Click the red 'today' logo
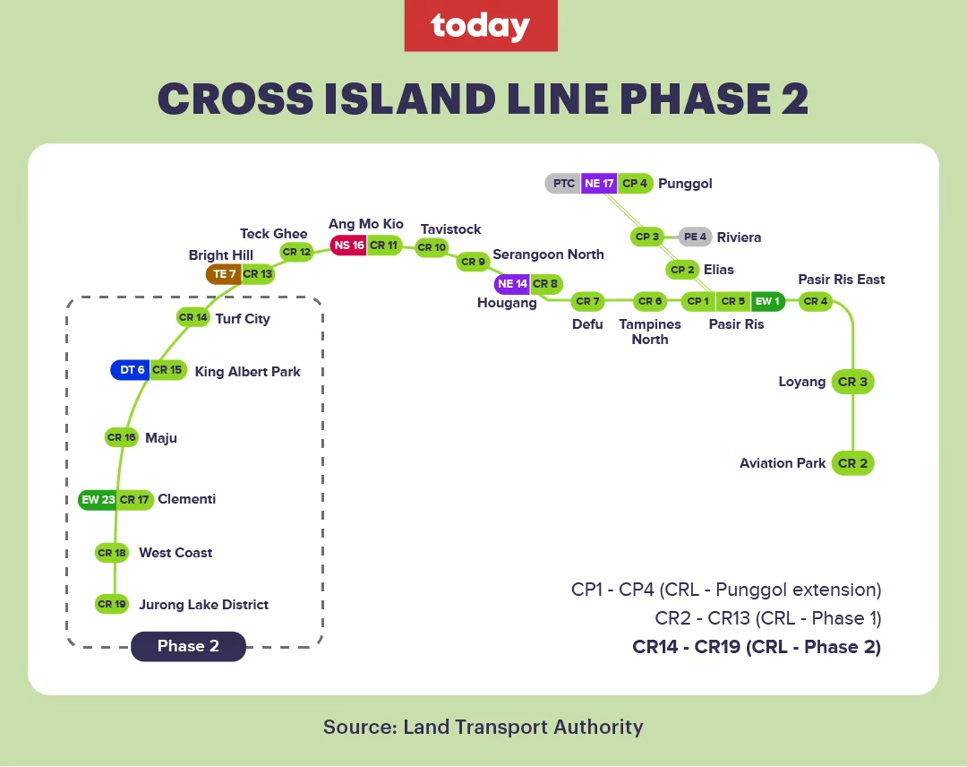(x=481, y=25)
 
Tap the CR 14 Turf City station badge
(x=193, y=317)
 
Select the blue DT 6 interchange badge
(x=130, y=370)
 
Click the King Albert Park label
(x=247, y=372)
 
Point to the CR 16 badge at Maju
(x=122, y=437)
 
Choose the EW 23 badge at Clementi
(x=98, y=499)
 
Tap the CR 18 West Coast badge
(x=112, y=553)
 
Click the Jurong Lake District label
(x=203, y=605)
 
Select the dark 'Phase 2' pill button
(x=188, y=646)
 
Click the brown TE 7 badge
(x=223, y=274)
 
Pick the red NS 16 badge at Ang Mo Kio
(x=348, y=246)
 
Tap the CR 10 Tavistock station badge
(x=432, y=247)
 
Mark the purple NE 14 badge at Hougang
(x=512, y=284)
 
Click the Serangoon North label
(x=548, y=254)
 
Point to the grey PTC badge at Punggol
(x=563, y=184)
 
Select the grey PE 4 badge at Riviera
(x=695, y=237)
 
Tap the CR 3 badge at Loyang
(x=853, y=382)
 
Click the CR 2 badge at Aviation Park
(x=853, y=463)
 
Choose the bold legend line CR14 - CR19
(x=757, y=647)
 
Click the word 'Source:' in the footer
(x=360, y=727)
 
